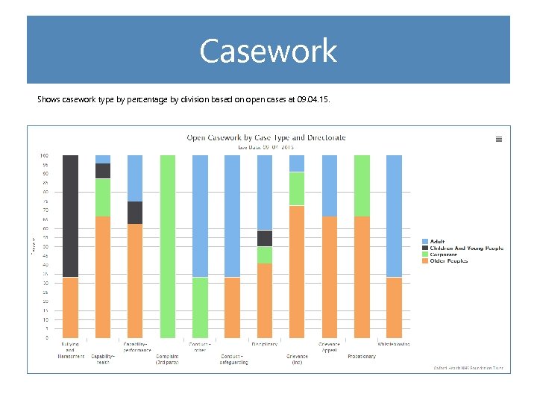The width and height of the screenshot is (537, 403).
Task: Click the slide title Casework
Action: [268, 51]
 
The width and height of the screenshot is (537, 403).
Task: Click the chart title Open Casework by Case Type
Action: [266, 137]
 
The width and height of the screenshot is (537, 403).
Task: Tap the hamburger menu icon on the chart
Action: [499, 139]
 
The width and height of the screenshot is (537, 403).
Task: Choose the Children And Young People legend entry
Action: [462, 248]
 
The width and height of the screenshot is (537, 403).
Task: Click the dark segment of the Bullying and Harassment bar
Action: [71, 216]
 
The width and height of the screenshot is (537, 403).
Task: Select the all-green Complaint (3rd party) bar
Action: [168, 246]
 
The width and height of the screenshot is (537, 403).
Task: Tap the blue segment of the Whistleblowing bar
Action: [395, 216]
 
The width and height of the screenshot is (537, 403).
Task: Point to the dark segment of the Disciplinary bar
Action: [265, 238]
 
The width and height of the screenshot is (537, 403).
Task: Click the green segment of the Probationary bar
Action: [362, 185]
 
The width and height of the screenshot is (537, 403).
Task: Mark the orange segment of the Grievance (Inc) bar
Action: [297, 271]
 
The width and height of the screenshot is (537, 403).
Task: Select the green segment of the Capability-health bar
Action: [103, 197]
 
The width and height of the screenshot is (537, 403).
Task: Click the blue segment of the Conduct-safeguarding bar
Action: [233, 216]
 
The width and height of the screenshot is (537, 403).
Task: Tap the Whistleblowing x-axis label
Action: [394, 344]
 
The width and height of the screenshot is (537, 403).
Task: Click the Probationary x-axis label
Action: [362, 356]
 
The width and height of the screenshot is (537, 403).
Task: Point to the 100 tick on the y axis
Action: [44, 155]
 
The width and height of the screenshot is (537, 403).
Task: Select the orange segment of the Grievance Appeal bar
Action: [330, 277]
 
